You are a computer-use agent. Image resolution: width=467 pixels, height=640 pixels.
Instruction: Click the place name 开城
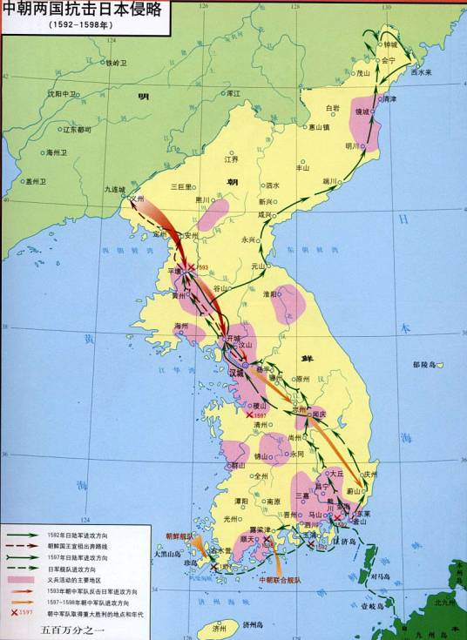coord(231,336)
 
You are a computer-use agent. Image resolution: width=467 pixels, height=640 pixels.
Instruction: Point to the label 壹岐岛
coord(371,604)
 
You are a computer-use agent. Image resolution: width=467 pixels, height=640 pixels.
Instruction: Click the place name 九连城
coord(114,189)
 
